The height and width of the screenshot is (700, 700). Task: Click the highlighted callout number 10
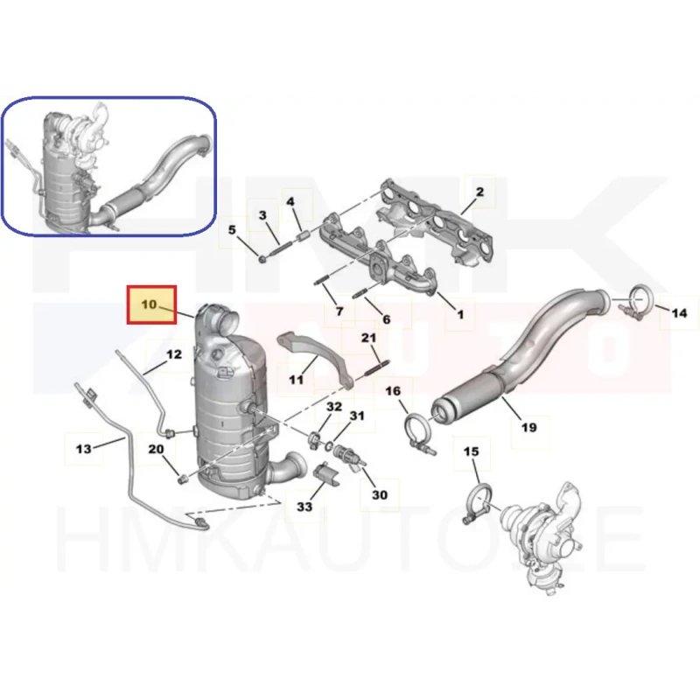149,304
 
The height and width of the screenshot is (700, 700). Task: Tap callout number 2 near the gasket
479,192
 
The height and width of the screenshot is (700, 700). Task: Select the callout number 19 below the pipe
529,427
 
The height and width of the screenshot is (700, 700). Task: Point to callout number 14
679,313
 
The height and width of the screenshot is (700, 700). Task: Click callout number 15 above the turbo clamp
471,451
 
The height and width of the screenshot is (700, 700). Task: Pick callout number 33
304,507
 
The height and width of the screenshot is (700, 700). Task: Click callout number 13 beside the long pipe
83,448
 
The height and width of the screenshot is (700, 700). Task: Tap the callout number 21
368,338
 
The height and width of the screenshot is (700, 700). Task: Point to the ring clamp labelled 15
479,502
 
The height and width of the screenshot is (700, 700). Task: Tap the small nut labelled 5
262,258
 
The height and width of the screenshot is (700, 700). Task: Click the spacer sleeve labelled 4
303,234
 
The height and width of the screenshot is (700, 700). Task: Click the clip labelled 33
326,476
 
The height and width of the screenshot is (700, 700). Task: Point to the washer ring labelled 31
329,445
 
